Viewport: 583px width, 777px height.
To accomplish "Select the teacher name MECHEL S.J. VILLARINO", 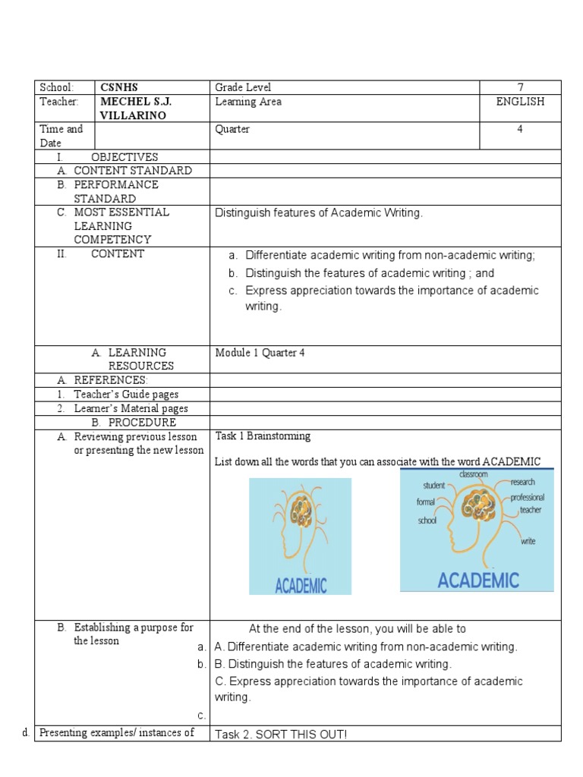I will [x=134, y=109].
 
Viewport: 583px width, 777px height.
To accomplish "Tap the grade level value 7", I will [x=520, y=88].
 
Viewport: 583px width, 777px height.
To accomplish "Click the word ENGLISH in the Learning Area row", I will [x=520, y=102].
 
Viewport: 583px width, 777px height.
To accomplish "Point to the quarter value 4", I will [x=520, y=129].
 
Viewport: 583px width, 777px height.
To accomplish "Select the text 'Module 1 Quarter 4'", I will [x=260, y=353].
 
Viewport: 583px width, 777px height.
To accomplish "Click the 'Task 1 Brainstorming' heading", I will [x=263, y=436].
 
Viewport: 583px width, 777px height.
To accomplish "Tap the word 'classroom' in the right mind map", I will [x=473, y=474].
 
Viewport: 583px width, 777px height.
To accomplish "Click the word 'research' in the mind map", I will [x=523, y=482].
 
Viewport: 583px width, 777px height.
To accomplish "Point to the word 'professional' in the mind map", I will [x=528, y=497].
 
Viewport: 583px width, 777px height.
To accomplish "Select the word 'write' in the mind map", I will [x=528, y=541].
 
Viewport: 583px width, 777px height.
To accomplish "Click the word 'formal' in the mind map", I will [x=426, y=502].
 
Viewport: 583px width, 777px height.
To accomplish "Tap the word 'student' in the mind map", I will [x=434, y=485].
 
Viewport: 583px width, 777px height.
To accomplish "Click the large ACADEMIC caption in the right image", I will [x=478, y=580].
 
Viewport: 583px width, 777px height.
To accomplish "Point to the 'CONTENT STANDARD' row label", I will [x=132, y=171].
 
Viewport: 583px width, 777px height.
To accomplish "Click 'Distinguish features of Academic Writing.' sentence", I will [x=319, y=213].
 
